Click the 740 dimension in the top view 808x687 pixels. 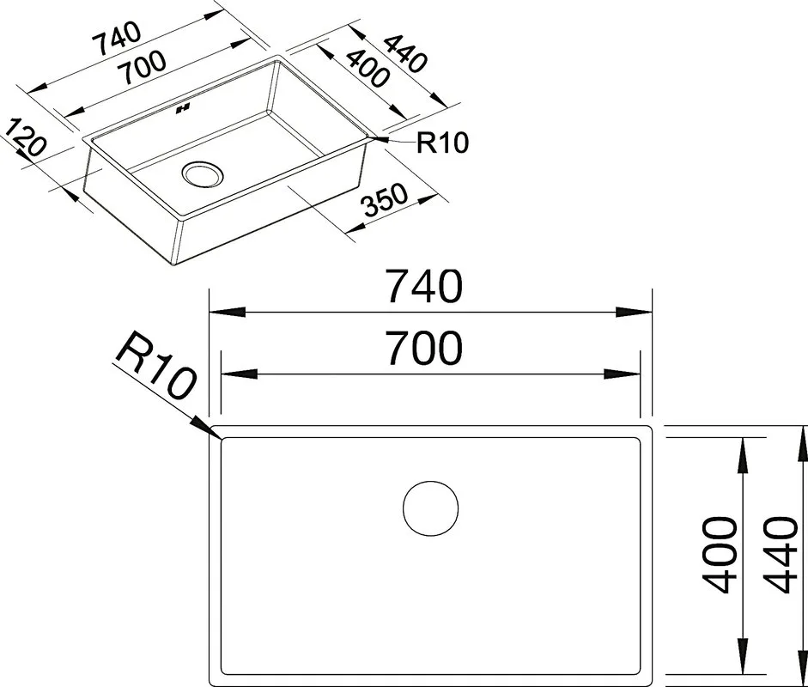(x=425, y=287)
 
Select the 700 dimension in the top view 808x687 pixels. (x=425, y=349)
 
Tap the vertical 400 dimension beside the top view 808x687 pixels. (x=719, y=555)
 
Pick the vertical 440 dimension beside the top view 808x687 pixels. (x=781, y=555)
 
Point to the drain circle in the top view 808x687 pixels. (x=430, y=509)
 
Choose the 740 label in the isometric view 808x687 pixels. (x=117, y=38)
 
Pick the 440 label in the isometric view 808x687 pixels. (x=406, y=53)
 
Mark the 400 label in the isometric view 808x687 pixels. (x=367, y=68)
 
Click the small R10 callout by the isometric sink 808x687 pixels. (x=443, y=143)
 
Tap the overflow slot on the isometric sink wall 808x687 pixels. (x=183, y=109)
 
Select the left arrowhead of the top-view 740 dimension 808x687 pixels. (x=228, y=313)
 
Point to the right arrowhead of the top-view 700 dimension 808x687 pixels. (x=622, y=374)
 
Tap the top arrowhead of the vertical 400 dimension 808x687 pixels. (x=743, y=457)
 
